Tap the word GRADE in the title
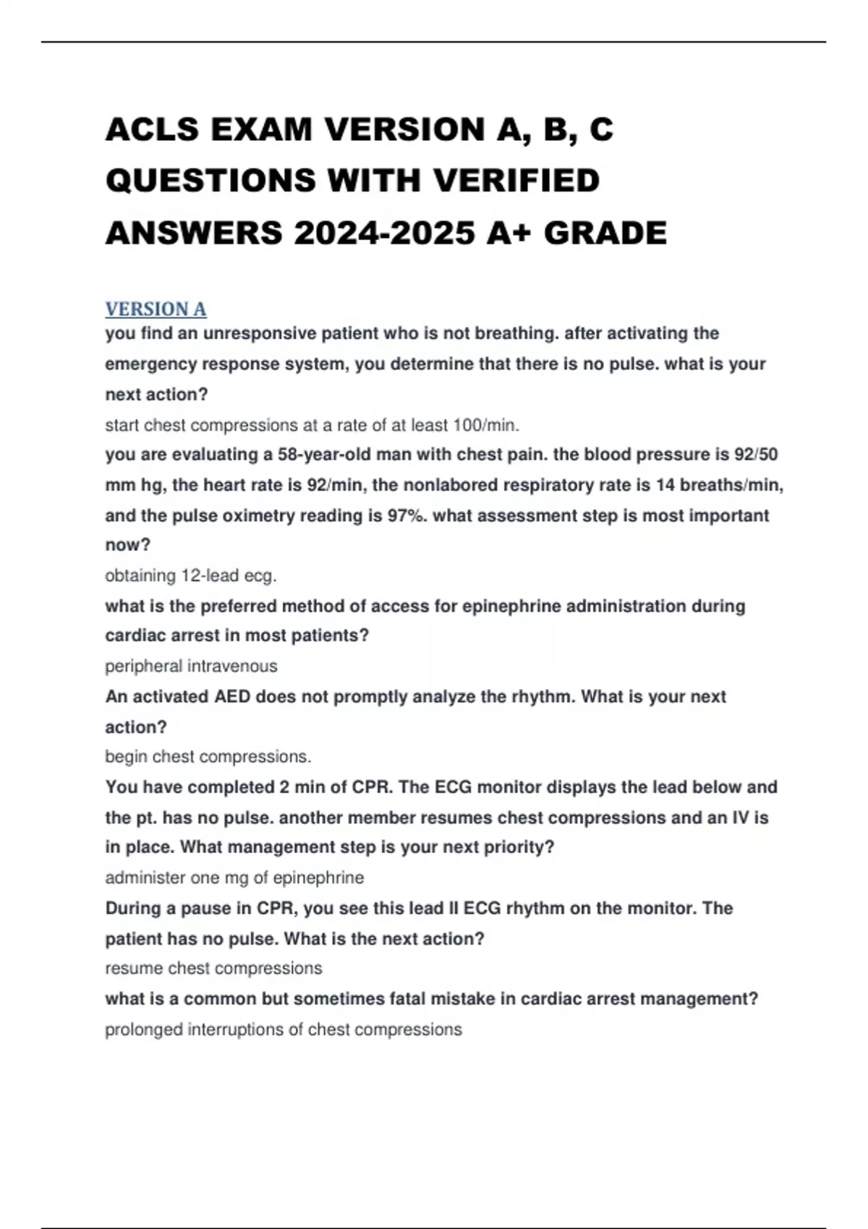(x=605, y=233)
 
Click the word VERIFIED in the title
(x=517, y=181)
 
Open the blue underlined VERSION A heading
(x=156, y=309)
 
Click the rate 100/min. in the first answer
(x=485, y=425)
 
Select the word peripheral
(x=143, y=666)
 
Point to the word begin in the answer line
(x=126, y=757)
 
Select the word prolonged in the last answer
(x=143, y=1029)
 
